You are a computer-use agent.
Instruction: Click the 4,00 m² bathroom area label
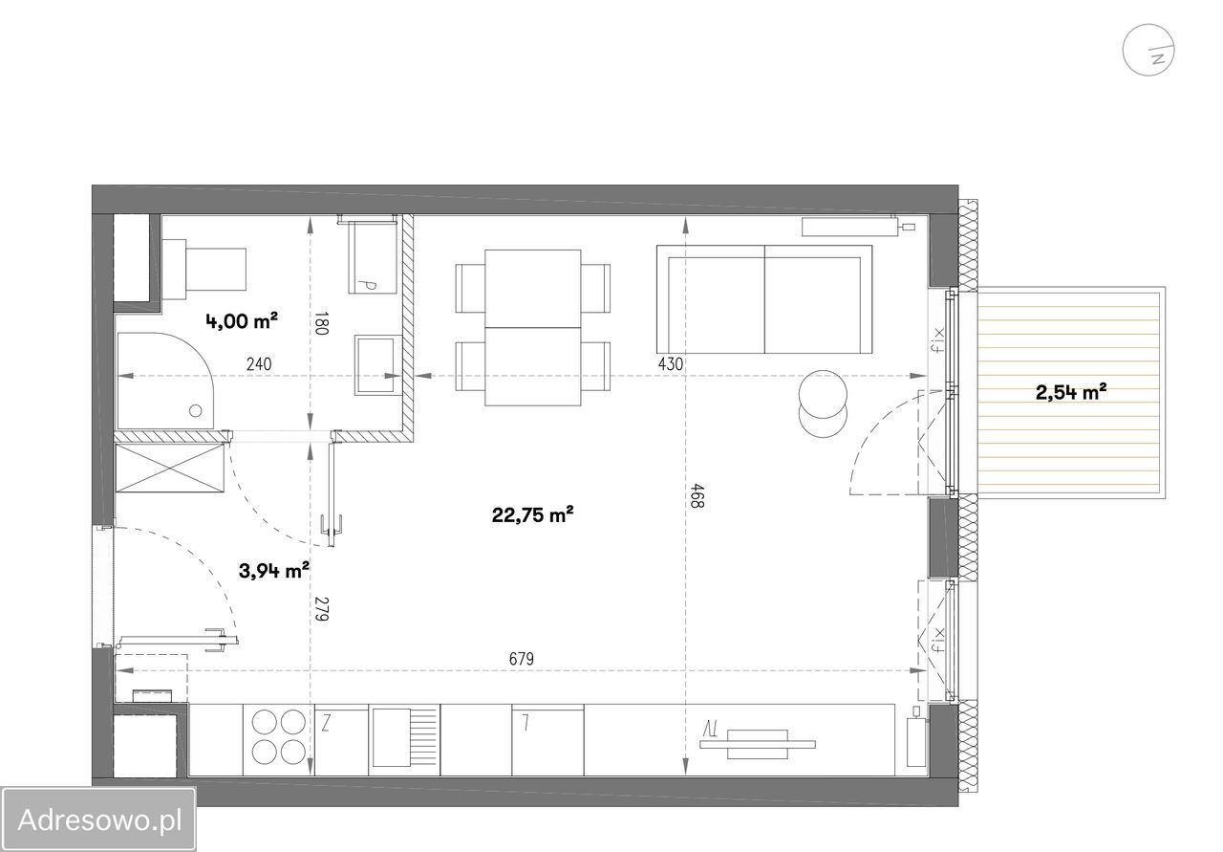(242, 320)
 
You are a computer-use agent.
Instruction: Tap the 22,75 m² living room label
(532, 514)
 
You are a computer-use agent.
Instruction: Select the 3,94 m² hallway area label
(274, 571)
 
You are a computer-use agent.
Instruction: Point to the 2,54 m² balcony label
(1071, 392)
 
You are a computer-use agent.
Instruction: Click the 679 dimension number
(522, 659)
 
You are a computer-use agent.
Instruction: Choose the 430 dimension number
(671, 363)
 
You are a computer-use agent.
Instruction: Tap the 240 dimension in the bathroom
(259, 363)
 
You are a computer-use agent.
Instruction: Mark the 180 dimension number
(322, 323)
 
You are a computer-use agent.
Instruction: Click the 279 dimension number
(322, 608)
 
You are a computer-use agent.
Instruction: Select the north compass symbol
(1148, 50)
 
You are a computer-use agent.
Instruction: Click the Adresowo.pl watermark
(98, 819)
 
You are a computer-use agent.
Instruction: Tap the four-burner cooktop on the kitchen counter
(278, 736)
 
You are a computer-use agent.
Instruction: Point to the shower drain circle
(196, 410)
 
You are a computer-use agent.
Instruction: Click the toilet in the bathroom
(204, 269)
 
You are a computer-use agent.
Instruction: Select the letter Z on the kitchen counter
(326, 723)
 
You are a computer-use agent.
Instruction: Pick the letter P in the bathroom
(370, 285)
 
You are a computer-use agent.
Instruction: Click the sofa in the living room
(764, 299)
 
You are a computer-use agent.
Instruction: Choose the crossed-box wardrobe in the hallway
(170, 468)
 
